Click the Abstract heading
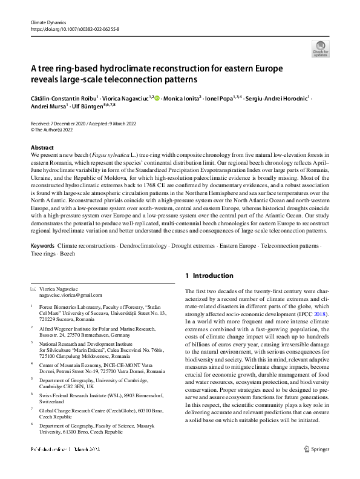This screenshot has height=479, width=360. coord(42,147)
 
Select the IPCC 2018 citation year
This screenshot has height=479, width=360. coord(337,315)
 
